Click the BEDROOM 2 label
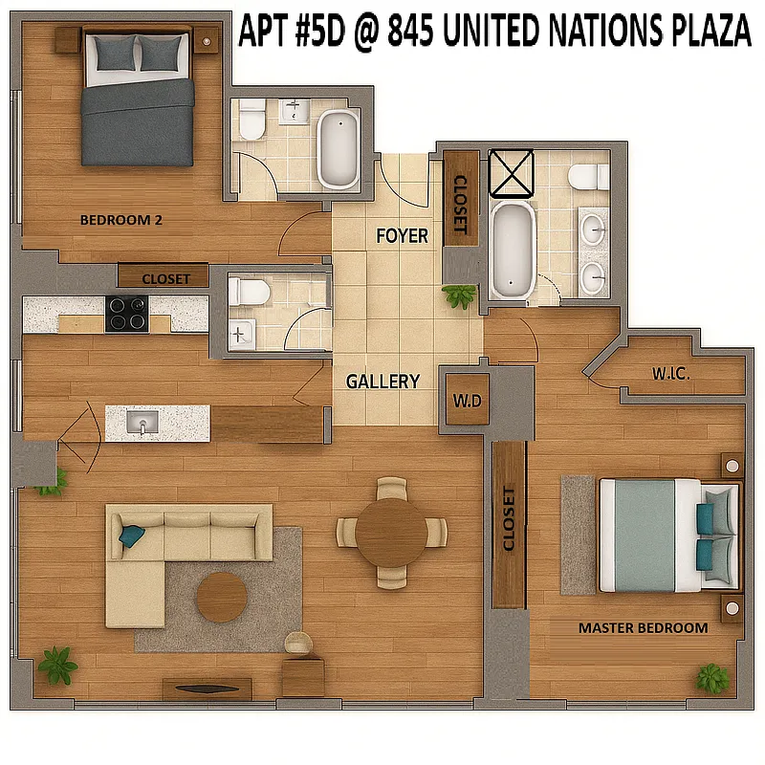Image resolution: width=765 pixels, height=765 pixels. coord(120,220)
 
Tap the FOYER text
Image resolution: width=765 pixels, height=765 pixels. coord(402,235)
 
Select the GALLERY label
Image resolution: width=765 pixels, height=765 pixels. coord(382,382)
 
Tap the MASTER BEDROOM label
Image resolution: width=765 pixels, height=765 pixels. coord(643,628)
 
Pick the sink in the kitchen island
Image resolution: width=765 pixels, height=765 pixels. coord(142,423)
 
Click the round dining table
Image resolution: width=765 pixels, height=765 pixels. coord(391,532)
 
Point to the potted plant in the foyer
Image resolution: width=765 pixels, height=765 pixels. coord(460,295)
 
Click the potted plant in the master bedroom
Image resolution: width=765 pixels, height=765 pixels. coord(711,678)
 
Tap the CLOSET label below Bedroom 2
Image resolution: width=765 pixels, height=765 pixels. coord(172,279)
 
